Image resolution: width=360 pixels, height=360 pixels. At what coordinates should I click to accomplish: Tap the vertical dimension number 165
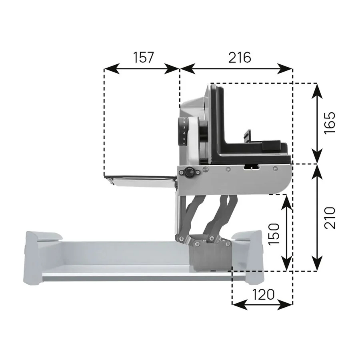[330, 122]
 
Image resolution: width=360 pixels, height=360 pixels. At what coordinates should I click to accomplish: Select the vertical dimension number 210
[330, 218]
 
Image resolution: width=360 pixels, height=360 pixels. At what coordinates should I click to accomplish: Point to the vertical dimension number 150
[274, 234]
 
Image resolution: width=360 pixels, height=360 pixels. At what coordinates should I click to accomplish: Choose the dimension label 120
[263, 294]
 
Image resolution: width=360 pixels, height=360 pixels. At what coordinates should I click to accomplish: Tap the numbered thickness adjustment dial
[182, 131]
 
